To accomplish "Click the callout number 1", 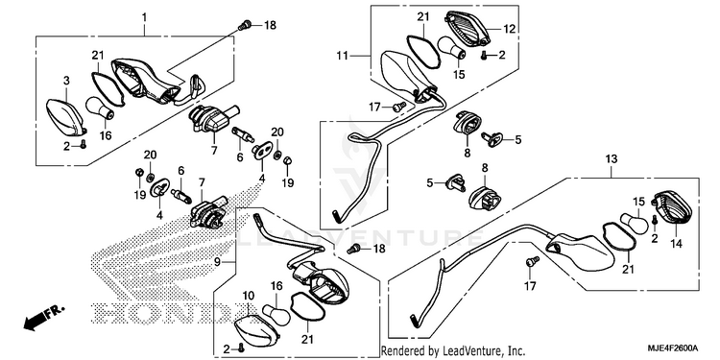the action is [144, 18].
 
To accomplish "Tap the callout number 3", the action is [66, 82].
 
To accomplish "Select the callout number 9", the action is [218, 263].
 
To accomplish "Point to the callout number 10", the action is [248, 295].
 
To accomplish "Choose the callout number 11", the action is [342, 57].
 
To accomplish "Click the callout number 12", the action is [510, 29].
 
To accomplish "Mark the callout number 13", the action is [612, 158].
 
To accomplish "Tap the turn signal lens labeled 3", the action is [65, 117].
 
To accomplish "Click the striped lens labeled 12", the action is [468, 29].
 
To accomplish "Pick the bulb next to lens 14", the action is [636, 222].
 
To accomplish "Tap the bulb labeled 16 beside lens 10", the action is [276, 314].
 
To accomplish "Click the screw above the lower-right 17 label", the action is [532, 261].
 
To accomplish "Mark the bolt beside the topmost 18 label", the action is [244, 25].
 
